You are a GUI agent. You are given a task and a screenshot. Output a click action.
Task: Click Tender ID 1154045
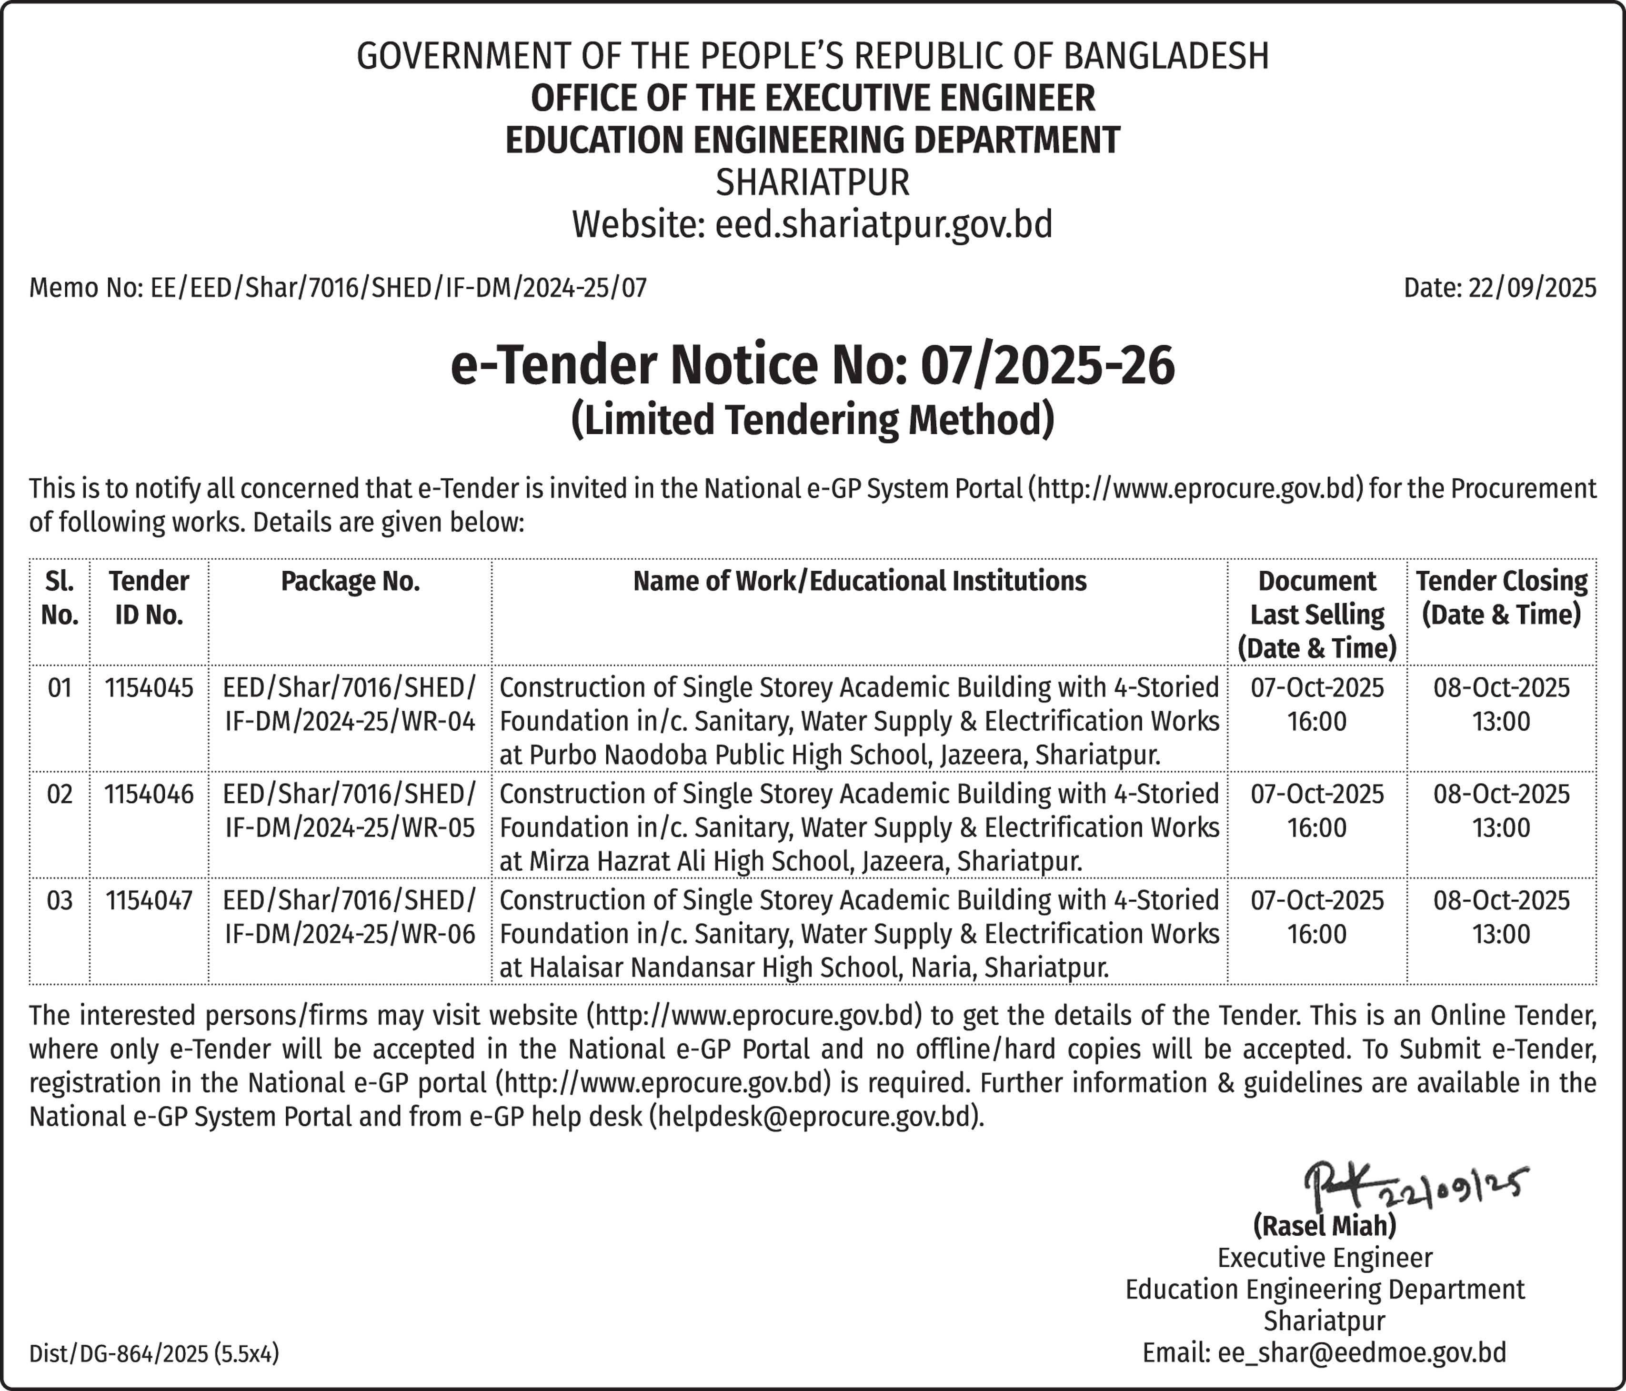[149, 688]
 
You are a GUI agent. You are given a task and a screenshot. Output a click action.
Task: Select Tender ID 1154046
[149, 794]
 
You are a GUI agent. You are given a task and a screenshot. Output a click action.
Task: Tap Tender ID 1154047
[149, 899]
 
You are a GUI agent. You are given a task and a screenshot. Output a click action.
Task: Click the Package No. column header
[350, 581]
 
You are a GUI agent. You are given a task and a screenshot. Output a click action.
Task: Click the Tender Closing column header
[1501, 597]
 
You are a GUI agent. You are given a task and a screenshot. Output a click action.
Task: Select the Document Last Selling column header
[1317, 614]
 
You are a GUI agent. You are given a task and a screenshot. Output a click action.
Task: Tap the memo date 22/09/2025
[1532, 288]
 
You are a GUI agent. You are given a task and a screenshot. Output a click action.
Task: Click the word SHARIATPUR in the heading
[812, 182]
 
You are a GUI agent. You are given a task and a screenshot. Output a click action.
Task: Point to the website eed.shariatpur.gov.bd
[883, 224]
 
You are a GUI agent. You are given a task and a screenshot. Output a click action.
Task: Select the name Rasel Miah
[1325, 1225]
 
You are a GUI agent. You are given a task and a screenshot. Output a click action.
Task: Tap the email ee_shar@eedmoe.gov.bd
[1362, 1352]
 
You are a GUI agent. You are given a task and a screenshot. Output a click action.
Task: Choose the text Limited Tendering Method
[812, 419]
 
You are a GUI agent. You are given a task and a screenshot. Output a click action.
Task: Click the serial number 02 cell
[60, 794]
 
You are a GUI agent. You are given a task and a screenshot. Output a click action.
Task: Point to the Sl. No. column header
[60, 597]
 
